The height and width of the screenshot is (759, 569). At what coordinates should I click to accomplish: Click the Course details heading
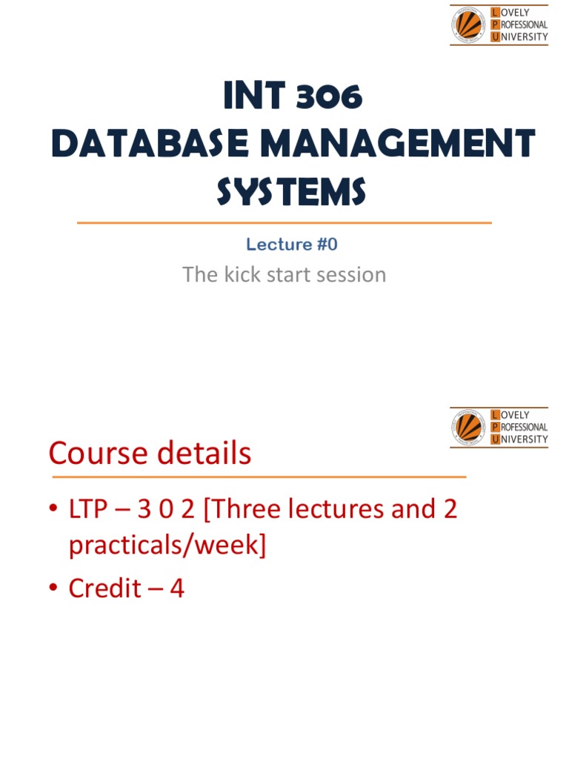150,454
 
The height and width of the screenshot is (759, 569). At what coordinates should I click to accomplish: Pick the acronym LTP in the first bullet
93,510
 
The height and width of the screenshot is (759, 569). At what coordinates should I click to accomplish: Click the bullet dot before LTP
53,511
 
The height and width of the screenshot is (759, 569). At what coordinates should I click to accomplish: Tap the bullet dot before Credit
53,589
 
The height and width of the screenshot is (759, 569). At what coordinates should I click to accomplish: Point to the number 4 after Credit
177,589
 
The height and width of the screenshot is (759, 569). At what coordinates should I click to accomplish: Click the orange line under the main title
284,222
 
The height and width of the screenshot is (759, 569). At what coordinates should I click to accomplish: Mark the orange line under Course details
257,477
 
